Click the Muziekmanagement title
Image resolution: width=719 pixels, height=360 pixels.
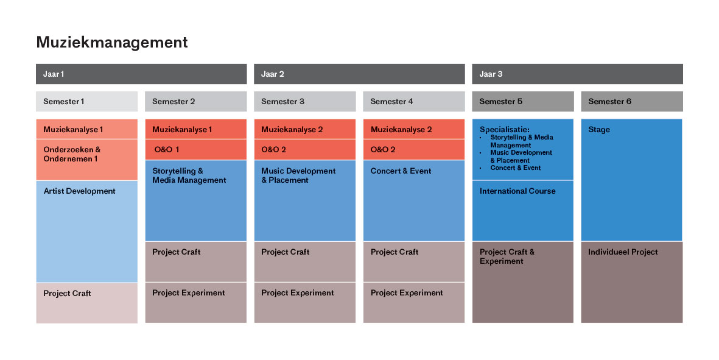(112, 42)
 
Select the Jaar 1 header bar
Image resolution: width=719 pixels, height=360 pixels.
(141, 74)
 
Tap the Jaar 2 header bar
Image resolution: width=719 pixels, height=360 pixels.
(359, 74)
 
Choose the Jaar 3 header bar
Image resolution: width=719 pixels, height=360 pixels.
(577, 74)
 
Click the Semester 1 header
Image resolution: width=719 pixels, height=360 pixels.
(86, 101)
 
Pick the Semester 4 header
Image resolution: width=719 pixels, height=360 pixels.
(414, 101)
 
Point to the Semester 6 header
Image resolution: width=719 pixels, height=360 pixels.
(632, 101)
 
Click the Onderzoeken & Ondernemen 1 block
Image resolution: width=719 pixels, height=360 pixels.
(86, 160)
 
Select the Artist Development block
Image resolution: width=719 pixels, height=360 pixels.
(86, 231)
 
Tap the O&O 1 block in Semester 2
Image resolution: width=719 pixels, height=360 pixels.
(196, 149)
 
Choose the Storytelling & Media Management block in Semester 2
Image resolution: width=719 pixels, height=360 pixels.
(196, 200)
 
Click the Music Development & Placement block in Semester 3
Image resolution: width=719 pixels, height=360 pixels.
(305, 200)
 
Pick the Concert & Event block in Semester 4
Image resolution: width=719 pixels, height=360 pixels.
(414, 200)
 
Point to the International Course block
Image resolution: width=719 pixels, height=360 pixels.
(523, 211)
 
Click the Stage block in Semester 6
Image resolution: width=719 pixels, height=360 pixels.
(632, 180)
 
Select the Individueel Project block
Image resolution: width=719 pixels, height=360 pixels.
(632, 282)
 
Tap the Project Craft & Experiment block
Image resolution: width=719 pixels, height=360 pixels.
(523, 282)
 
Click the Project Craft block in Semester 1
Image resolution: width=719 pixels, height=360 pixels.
(86, 303)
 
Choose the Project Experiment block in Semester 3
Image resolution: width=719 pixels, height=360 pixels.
(305, 303)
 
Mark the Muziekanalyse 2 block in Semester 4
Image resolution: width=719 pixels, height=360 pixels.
(414, 129)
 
